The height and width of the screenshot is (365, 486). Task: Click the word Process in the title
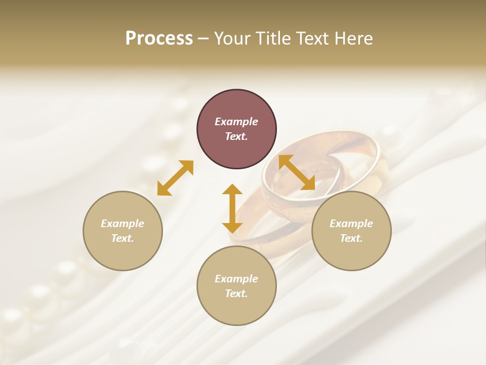pyautogui.click(x=159, y=39)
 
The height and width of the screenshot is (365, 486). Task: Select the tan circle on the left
pyautogui.click(x=123, y=231)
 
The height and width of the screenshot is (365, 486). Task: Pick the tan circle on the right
pyautogui.click(x=351, y=231)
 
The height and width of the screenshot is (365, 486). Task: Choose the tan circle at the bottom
pyautogui.click(x=236, y=286)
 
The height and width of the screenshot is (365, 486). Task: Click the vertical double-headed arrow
pyautogui.click(x=232, y=208)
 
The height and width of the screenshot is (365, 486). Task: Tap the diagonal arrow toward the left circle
pyautogui.click(x=175, y=178)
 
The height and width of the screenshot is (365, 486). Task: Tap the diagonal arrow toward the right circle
pyautogui.click(x=297, y=172)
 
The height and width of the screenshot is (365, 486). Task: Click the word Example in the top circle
pyautogui.click(x=236, y=122)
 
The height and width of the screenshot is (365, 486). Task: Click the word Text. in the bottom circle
pyautogui.click(x=236, y=294)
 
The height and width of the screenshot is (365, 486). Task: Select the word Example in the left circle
pyautogui.click(x=123, y=224)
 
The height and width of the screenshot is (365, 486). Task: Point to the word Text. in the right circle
pyautogui.click(x=351, y=238)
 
